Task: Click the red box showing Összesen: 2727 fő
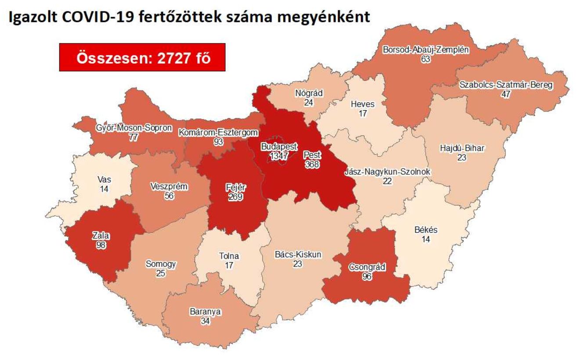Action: pyautogui.click(x=142, y=58)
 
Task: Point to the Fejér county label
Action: pyautogui.click(x=235, y=187)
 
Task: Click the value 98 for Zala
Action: pyautogui.click(x=101, y=244)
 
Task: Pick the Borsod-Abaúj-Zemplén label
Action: pyautogui.click(x=425, y=50)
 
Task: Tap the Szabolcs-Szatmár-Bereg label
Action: pyautogui.click(x=506, y=85)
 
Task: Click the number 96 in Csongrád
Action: pyautogui.click(x=367, y=276)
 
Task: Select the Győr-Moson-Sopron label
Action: pyautogui.click(x=134, y=128)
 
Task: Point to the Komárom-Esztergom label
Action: pyautogui.click(x=218, y=132)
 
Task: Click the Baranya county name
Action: pyautogui.click(x=205, y=312)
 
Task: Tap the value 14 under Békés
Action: pyautogui.click(x=425, y=239)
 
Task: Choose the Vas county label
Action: pyautogui.click(x=104, y=179)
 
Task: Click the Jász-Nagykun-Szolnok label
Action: pyautogui.click(x=387, y=172)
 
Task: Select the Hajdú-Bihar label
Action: pyautogui.click(x=462, y=148)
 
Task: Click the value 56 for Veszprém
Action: pyautogui.click(x=169, y=196)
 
